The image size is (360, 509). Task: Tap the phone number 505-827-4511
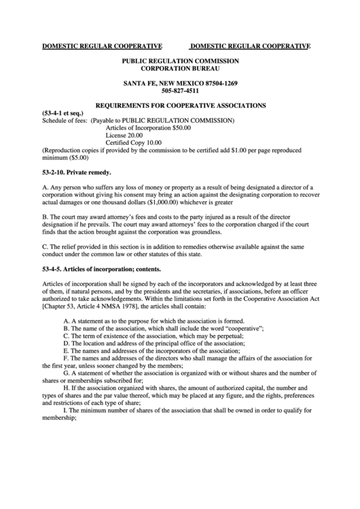click(180, 90)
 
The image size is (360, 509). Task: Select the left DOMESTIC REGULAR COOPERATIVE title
click(102, 46)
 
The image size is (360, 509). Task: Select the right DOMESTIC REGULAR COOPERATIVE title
click(249, 46)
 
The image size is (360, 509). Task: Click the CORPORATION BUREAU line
click(180, 69)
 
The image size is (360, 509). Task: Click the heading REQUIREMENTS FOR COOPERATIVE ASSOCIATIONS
click(180, 105)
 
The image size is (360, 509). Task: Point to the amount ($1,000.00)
click(162, 202)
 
